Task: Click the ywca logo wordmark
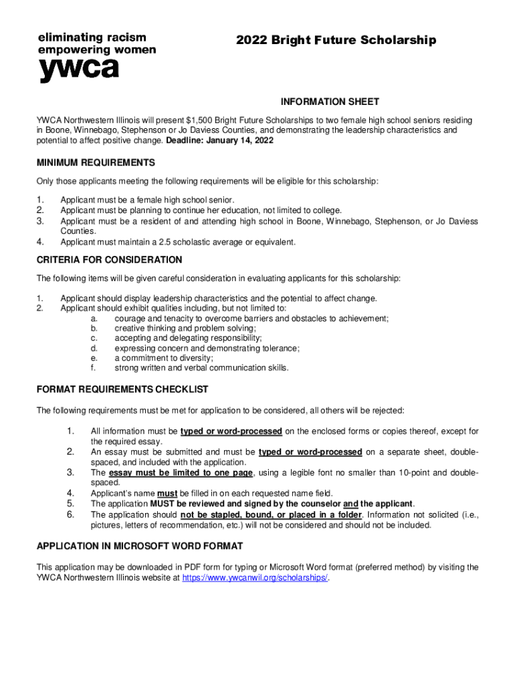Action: (x=79, y=69)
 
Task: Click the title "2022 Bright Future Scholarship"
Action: (x=336, y=41)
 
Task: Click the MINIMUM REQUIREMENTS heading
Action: (x=96, y=163)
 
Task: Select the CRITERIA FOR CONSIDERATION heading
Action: (x=109, y=260)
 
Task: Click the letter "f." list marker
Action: (x=94, y=368)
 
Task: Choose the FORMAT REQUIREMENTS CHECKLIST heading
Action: (x=122, y=389)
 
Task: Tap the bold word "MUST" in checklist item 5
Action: (x=163, y=504)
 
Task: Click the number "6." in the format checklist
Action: (x=70, y=514)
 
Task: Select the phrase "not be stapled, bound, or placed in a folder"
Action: (x=271, y=515)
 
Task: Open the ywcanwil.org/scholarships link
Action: (x=255, y=578)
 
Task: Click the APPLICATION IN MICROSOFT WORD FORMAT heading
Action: (x=140, y=546)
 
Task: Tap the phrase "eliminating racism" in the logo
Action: (x=92, y=37)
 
